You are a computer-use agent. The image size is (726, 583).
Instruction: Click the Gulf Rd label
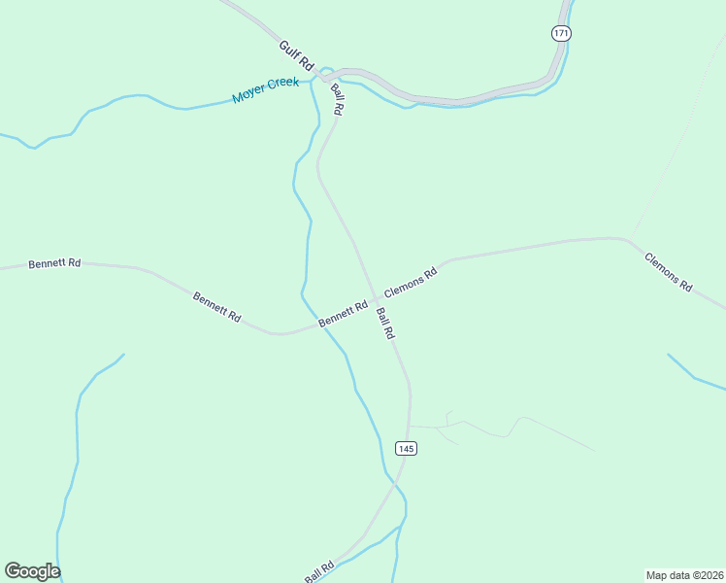[297, 54]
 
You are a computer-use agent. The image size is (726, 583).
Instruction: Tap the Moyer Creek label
[265, 90]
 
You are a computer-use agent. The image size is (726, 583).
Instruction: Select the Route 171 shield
[561, 33]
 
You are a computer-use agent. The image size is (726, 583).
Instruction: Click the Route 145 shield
[406, 448]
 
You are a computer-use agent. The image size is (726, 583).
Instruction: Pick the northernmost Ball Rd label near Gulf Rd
[337, 100]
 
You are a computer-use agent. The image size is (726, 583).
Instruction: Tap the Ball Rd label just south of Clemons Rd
[385, 323]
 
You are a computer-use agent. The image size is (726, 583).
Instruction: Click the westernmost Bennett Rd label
[54, 263]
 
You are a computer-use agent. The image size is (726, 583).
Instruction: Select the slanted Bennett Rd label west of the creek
[216, 307]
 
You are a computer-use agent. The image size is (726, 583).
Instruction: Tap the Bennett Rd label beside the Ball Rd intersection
[344, 313]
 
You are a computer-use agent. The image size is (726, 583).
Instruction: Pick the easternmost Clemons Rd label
[669, 272]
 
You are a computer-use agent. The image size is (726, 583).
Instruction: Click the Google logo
[32, 571]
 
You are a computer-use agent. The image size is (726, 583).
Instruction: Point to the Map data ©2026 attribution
[685, 574]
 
